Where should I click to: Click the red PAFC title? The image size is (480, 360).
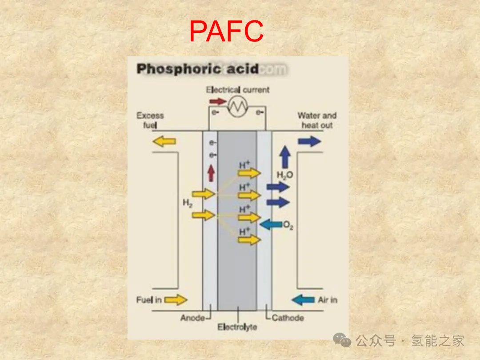pyautogui.click(x=226, y=31)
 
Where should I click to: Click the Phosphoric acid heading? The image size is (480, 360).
pyautogui.click(x=197, y=69)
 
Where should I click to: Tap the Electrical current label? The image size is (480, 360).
pyautogui.click(x=237, y=90)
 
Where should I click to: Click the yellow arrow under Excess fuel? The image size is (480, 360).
pyautogui.click(x=164, y=141)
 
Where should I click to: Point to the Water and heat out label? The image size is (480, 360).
pyautogui.click(x=317, y=120)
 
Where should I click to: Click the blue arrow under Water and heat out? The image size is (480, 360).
pyautogui.click(x=309, y=141)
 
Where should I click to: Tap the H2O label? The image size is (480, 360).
pyautogui.click(x=285, y=175)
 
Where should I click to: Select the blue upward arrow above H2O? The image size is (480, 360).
pyautogui.click(x=285, y=157)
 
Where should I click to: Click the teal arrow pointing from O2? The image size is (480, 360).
pyautogui.click(x=271, y=224)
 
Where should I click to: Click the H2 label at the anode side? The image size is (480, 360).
pyautogui.click(x=188, y=203)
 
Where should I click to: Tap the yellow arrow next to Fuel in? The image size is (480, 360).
pyautogui.click(x=176, y=300)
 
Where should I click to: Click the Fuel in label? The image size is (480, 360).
pyautogui.click(x=149, y=300)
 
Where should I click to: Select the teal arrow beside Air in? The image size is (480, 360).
pyautogui.click(x=303, y=300)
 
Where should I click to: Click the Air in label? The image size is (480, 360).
pyautogui.click(x=328, y=300)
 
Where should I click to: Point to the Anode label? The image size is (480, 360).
pyautogui.click(x=192, y=318)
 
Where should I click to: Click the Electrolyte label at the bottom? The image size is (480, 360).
pyautogui.click(x=237, y=328)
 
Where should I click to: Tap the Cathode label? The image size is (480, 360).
pyautogui.click(x=288, y=318)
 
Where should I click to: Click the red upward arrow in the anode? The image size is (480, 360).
pyautogui.click(x=211, y=173)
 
